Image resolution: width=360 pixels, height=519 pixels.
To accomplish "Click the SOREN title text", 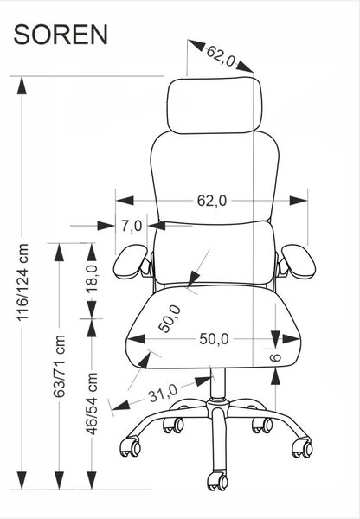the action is point(61,35).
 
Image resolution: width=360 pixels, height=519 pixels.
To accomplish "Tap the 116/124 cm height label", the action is point(23,282).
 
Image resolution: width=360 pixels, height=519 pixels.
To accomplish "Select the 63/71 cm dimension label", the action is point(60,366).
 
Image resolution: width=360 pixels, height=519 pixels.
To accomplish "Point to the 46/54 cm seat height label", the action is point(92,403).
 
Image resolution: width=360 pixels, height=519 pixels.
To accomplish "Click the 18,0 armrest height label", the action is point(92,279).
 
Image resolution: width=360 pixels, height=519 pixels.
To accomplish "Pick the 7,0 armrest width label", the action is point(132,226).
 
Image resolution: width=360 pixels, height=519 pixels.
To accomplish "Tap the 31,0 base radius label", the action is point(163,393).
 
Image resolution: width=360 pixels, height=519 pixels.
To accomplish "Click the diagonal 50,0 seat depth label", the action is point(170,318).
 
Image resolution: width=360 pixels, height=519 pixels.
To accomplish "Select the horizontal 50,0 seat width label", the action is point(214,339).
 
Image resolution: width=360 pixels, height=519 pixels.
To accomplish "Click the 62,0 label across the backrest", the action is point(212,201).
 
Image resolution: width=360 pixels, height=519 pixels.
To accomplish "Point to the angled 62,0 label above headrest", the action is point(221,56).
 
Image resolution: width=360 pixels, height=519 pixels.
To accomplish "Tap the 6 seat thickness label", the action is point(275,357).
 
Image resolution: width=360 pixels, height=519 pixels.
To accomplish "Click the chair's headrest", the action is point(214,106).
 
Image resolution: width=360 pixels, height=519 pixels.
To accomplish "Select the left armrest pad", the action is point(131,261).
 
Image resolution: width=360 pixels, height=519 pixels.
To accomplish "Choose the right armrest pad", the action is point(299,261).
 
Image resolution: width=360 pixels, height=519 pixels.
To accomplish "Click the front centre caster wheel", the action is point(217,481).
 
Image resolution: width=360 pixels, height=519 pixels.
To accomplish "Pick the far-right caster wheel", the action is point(302,447).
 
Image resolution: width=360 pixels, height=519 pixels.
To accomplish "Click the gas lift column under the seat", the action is point(217,383).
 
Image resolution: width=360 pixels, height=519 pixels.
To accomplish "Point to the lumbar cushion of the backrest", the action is point(215,253).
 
